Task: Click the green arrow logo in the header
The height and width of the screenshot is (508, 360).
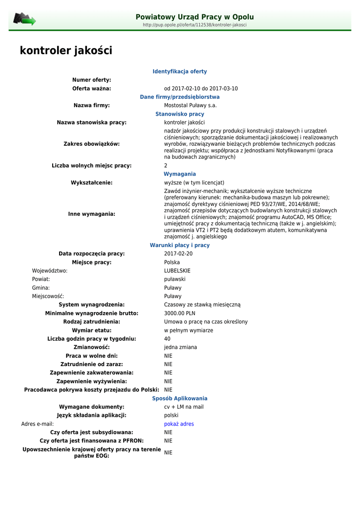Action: [x=24, y=19]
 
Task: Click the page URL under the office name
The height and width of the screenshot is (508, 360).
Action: [x=195, y=25]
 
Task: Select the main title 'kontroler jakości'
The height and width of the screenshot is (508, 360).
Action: [x=66, y=51]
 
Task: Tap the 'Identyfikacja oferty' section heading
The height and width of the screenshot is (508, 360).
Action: [x=180, y=71]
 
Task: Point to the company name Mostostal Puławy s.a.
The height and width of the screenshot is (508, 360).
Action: [x=190, y=106]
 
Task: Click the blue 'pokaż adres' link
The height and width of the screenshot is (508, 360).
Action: [x=179, y=424]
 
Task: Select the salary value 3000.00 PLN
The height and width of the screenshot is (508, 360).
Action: [x=180, y=314]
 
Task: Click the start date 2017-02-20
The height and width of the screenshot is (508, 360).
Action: [x=178, y=254]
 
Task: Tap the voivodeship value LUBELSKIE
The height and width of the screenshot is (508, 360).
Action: [x=177, y=271]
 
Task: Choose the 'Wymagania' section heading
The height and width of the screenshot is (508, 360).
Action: [x=180, y=174]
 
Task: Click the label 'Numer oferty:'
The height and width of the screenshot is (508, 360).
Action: [x=92, y=80]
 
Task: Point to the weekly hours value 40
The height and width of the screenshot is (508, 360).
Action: [x=167, y=339]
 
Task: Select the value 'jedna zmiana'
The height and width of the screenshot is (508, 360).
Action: [x=180, y=347]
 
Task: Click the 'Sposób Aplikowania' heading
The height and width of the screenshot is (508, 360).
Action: [x=180, y=398]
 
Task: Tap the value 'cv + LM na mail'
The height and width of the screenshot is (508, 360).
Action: [x=184, y=407]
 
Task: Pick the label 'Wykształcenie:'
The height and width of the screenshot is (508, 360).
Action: [x=92, y=183]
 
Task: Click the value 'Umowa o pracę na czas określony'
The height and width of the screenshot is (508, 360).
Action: [x=206, y=322]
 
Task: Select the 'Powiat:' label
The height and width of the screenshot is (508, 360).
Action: [x=41, y=279]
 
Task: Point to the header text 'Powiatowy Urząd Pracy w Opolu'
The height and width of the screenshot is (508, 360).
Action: [x=195, y=17]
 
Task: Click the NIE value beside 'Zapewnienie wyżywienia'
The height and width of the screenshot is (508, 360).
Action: [x=168, y=381]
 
